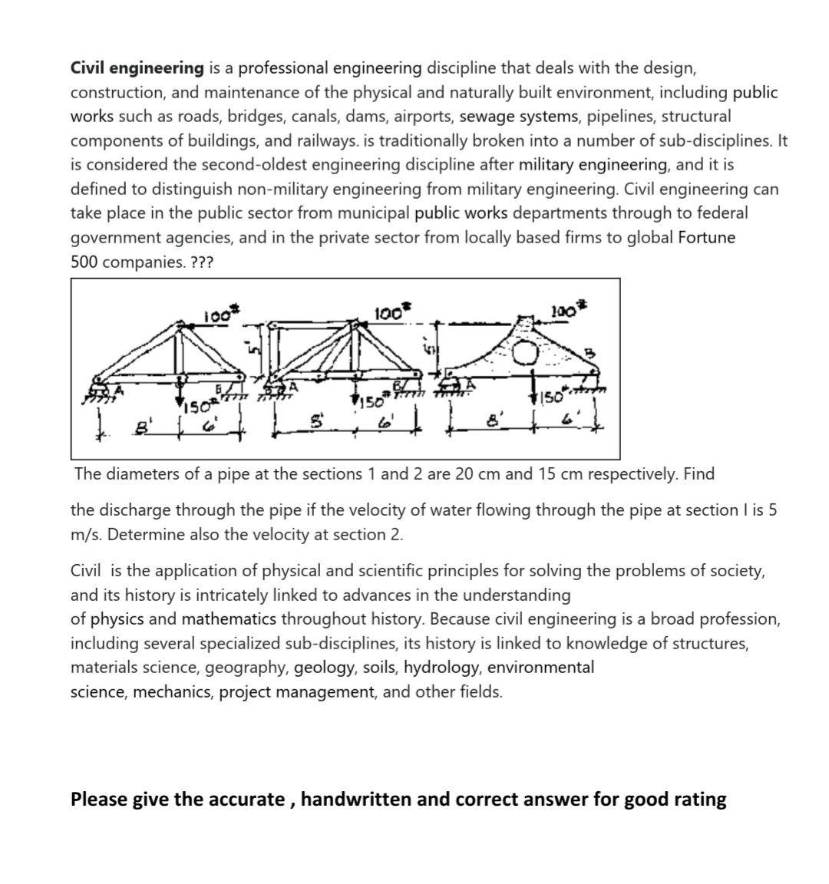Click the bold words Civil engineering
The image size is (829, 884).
pyautogui.click(x=137, y=68)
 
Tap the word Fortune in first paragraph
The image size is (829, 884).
pyautogui.click(x=706, y=238)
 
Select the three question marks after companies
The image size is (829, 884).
pyautogui.click(x=202, y=262)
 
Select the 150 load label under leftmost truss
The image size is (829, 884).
pyautogui.click(x=199, y=404)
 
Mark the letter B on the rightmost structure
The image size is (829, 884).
pyautogui.click(x=590, y=352)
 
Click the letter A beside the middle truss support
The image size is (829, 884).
pyautogui.click(x=293, y=387)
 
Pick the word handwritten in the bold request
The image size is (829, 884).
pyautogui.click(x=355, y=800)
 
